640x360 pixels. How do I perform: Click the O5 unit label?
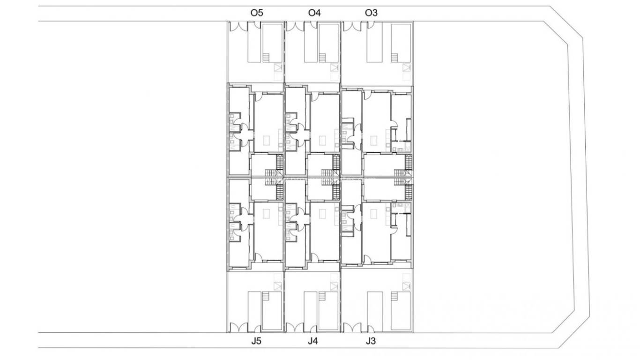point(257,13)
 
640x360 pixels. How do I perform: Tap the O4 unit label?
point(314,13)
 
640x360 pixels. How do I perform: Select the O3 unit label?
point(371,13)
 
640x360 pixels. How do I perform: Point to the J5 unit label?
point(256,341)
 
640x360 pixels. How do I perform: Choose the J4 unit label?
point(313,341)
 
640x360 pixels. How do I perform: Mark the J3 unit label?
point(371,341)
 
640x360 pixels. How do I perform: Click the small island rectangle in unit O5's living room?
point(267,140)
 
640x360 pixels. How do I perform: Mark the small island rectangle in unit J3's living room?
point(373,214)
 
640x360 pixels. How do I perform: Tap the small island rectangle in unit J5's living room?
point(267,214)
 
